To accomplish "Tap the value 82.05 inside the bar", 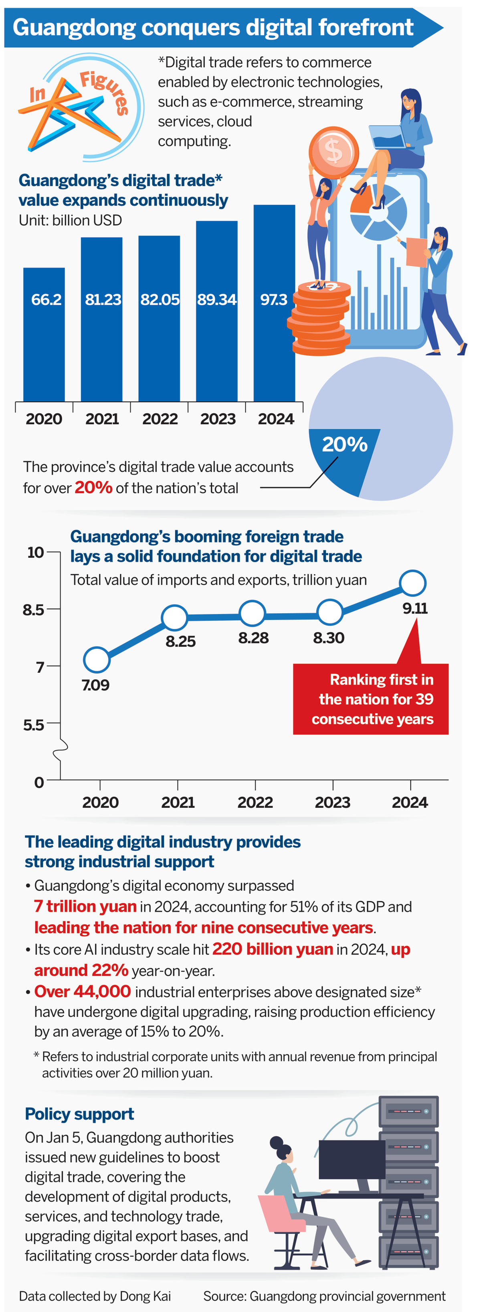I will click(160, 299).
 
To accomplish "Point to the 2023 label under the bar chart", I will click(218, 419).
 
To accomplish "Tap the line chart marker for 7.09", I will click(96, 660).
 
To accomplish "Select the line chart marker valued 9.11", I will click(412, 583).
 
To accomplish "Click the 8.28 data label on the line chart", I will click(253, 638).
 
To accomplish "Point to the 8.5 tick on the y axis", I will click(34, 610).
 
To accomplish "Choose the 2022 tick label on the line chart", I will click(255, 803).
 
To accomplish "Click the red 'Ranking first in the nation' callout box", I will click(370, 699).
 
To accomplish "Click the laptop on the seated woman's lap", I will click(388, 137).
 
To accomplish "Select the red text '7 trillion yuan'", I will click(85, 906).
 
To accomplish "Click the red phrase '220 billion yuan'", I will click(273, 949).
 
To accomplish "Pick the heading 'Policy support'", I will click(79, 1114).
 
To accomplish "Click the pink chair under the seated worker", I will click(282, 1215).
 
